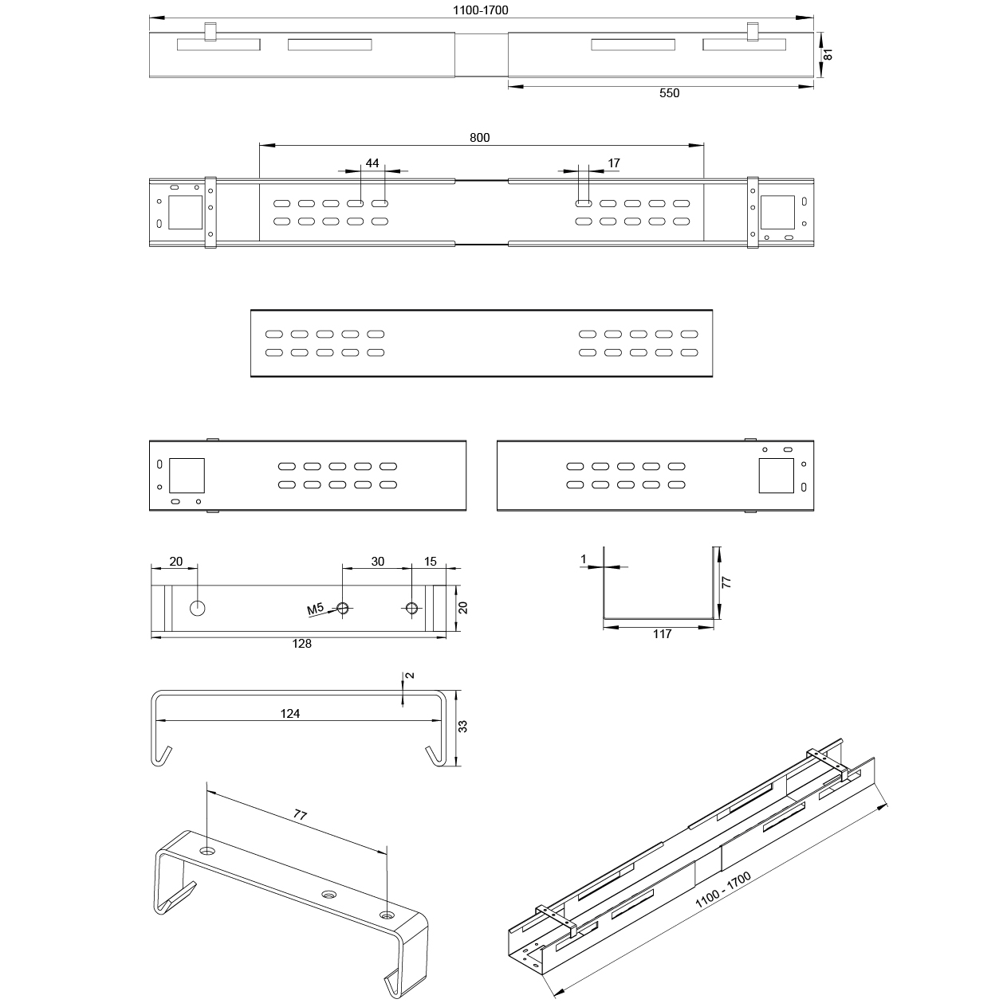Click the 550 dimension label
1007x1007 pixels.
tap(669, 93)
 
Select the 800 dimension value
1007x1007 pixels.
tap(479, 137)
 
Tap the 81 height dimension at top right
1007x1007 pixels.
tap(828, 55)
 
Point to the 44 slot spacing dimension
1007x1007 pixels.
tap(372, 163)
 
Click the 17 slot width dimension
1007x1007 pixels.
tap(613, 163)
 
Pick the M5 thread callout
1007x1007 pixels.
tap(316, 610)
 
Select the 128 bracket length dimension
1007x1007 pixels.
tap(301, 644)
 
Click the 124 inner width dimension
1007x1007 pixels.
tap(290, 714)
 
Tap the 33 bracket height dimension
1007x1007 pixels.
tap(462, 727)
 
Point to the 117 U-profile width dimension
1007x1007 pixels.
tap(662, 634)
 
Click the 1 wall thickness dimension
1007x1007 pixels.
tap(584, 560)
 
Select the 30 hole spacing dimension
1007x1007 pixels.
tap(377, 561)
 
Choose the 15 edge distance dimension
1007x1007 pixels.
tap(430, 561)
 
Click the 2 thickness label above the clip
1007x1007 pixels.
tap(410, 676)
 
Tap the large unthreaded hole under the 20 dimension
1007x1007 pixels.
tap(198, 609)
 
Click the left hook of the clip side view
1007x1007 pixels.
tap(162, 756)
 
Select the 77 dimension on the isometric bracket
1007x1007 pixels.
tap(301, 815)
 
